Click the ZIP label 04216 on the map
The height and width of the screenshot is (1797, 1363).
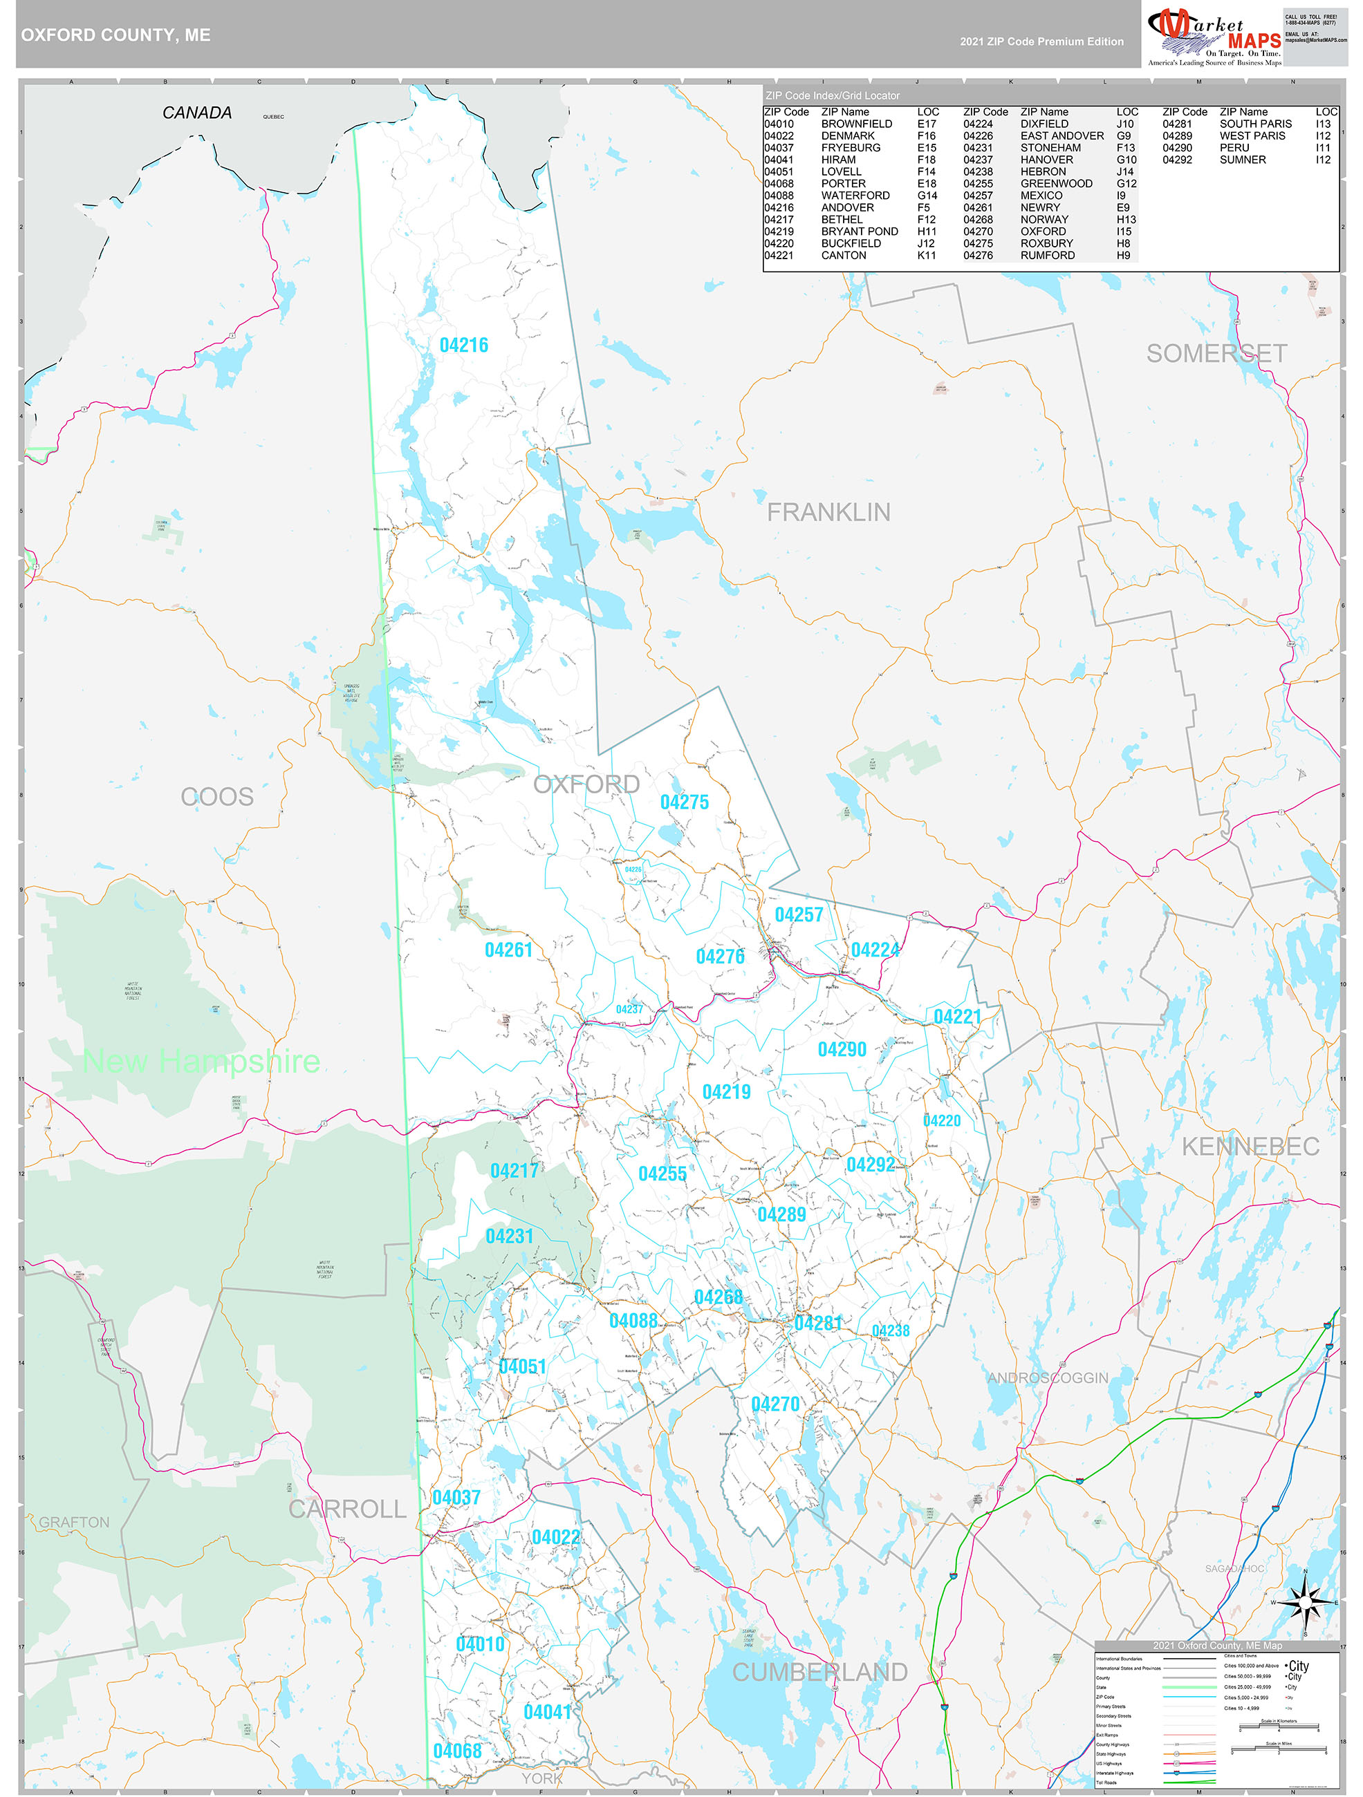click(463, 346)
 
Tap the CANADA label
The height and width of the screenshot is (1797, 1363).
click(196, 113)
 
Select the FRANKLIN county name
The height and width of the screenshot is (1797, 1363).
click(828, 512)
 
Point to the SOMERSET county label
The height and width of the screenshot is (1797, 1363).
click(1216, 353)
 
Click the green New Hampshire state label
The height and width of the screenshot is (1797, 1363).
click(201, 1061)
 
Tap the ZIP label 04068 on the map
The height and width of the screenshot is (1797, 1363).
click(457, 1751)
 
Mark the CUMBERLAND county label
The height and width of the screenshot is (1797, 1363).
click(819, 1672)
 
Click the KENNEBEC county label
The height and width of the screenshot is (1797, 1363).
click(1250, 1146)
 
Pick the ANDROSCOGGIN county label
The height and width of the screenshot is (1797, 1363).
click(1048, 1377)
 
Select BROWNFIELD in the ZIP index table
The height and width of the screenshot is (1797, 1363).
click(856, 124)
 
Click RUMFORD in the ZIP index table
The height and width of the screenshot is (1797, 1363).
click(1047, 255)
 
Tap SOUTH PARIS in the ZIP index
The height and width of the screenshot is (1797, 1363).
click(1255, 124)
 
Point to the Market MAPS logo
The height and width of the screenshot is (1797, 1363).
click(1214, 36)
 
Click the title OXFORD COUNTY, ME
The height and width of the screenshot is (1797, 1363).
click(115, 35)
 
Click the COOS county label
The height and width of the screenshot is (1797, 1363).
click(217, 797)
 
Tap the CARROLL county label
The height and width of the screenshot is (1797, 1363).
click(347, 1509)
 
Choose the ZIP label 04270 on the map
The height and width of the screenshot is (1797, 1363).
click(775, 1404)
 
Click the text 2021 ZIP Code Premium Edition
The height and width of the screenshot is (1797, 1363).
click(1041, 41)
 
